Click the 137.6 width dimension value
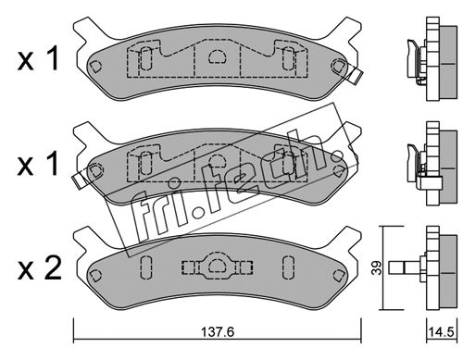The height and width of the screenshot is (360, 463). pyautogui.click(x=218, y=332)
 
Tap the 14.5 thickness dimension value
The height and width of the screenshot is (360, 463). pyautogui.click(x=442, y=332)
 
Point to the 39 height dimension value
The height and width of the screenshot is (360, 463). pyautogui.click(x=377, y=267)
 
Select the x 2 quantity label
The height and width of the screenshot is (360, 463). pyautogui.click(x=40, y=268)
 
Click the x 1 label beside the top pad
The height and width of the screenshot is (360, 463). pyautogui.click(x=38, y=58)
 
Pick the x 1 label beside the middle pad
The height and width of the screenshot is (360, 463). pyautogui.click(x=38, y=164)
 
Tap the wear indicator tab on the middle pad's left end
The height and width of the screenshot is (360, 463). pyautogui.click(x=79, y=180)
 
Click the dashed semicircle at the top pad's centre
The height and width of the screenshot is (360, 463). pyautogui.click(x=218, y=56)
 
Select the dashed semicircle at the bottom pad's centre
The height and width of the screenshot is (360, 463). pyautogui.click(x=218, y=266)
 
